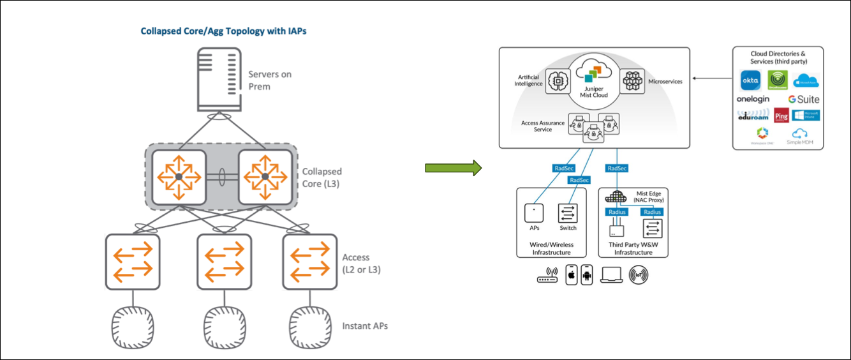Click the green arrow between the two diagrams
click(452, 169)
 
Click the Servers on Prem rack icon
click(214, 80)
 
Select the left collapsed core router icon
click(179, 176)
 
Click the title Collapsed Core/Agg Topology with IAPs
click(223, 31)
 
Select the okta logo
click(750, 80)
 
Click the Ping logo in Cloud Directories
click(781, 116)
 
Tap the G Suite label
click(803, 100)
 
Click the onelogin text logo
click(753, 100)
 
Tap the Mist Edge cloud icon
click(616, 197)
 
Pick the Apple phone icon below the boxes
click(572, 274)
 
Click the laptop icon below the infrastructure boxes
click(611, 274)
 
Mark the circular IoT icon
click(638, 274)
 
